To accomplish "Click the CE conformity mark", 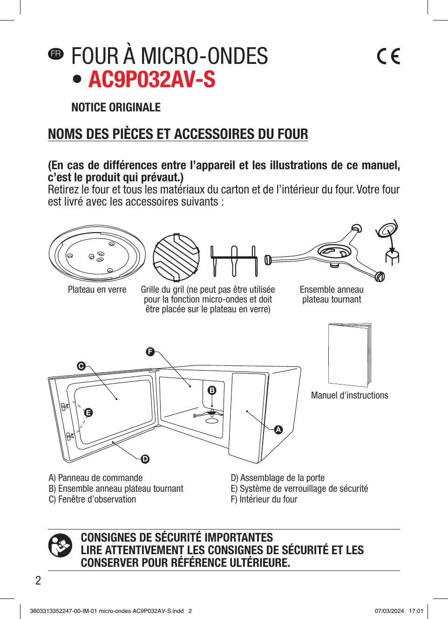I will click(x=388, y=56).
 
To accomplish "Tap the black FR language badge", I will click(x=56, y=54).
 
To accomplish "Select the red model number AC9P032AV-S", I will click(x=152, y=79).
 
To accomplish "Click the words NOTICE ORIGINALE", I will click(x=116, y=108).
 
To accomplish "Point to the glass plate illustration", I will click(x=97, y=254).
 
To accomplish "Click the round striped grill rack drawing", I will click(x=176, y=257).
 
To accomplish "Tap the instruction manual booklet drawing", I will click(x=349, y=355).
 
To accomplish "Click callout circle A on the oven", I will click(x=278, y=430).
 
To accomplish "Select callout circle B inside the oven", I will click(x=212, y=390).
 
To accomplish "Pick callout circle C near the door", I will click(x=81, y=366).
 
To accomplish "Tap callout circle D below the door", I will click(x=145, y=459).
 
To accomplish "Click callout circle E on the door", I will click(x=88, y=413).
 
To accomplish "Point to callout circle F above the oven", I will click(x=150, y=351).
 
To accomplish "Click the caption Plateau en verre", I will click(x=97, y=290).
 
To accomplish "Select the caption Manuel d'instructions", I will click(x=349, y=395).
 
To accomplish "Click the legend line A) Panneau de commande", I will click(x=95, y=478).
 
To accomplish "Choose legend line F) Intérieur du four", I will click(x=264, y=499).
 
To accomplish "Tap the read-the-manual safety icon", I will click(x=61, y=545).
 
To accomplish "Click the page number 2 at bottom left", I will click(x=38, y=580).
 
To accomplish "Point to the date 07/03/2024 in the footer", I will click(x=389, y=611).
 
